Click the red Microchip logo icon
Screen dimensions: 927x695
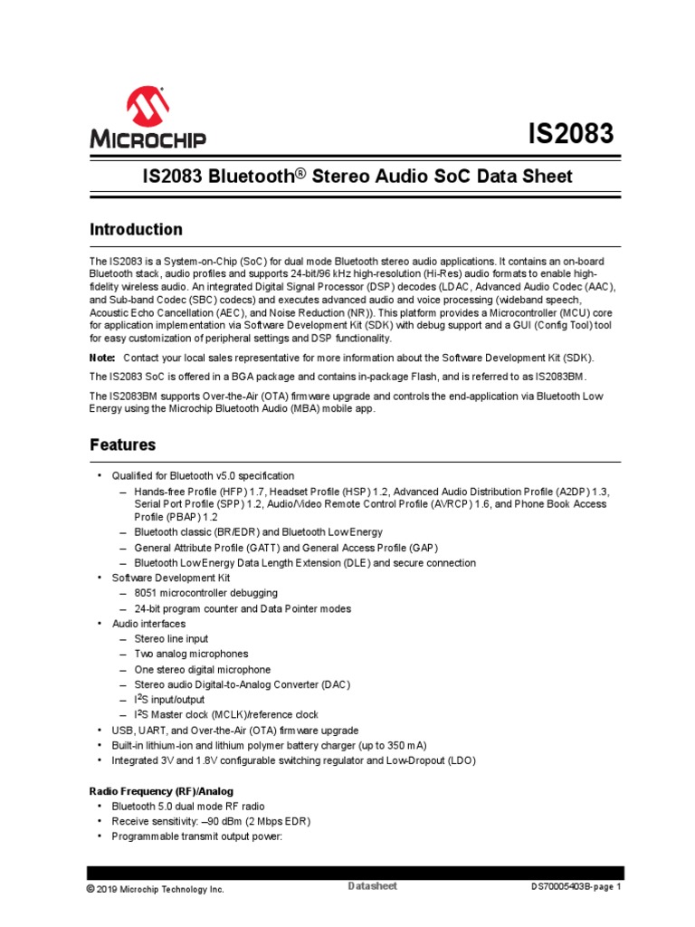(x=148, y=108)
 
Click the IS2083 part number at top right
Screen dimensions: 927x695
(x=570, y=134)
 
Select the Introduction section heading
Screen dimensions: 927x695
(x=136, y=229)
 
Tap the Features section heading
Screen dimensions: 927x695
(x=123, y=444)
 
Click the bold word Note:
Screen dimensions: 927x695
(x=102, y=358)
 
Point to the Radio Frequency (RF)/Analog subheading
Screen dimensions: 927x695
(x=160, y=790)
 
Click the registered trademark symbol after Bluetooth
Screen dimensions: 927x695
(x=303, y=172)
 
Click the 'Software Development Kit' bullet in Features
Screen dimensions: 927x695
(x=170, y=577)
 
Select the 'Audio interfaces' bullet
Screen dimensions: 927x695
(x=148, y=624)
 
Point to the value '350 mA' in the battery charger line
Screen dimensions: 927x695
(x=404, y=745)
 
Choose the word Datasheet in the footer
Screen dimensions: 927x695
(x=372, y=885)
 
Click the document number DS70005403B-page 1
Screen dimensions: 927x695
(x=576, y=888)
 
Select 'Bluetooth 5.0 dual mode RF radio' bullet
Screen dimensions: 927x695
(x=187, y=806)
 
